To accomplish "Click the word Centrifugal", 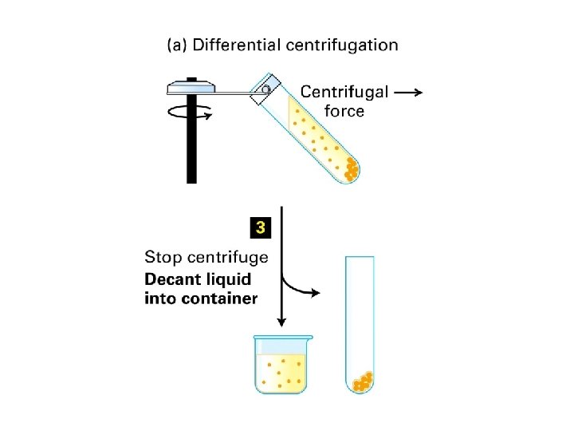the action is coord(344,93).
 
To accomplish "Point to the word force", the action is coord(344,111).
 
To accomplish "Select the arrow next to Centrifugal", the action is coord(409,93).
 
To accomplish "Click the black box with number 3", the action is coord(260,228).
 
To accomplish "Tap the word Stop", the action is coord(163,258).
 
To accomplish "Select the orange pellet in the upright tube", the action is coord(362,382).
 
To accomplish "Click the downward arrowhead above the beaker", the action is coord(281,322).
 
